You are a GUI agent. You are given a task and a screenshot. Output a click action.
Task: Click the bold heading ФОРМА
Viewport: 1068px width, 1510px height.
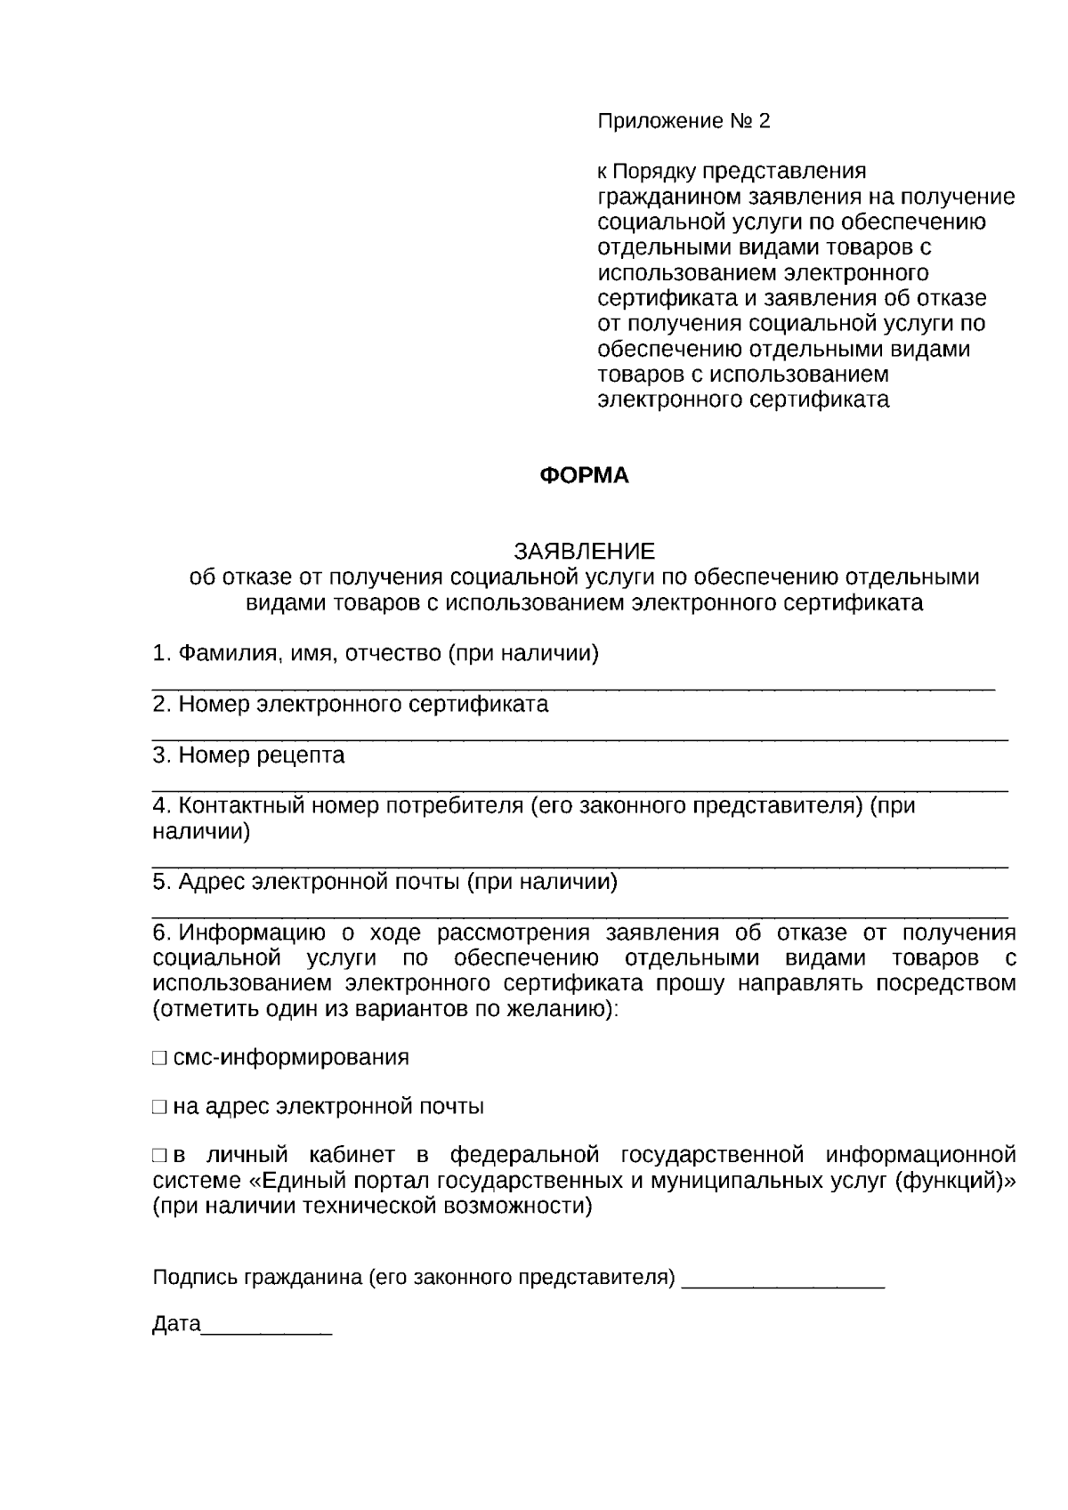[584, 476]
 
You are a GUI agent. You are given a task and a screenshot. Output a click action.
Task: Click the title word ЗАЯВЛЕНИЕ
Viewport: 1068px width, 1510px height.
[584, 551]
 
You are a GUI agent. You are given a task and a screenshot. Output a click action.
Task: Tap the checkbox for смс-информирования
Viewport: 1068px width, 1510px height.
[159, 1058]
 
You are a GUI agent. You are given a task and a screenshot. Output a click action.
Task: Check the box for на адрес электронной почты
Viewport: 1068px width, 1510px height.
[159, 1108]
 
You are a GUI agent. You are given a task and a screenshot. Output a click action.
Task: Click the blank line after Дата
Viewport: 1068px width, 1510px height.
[267, 1328]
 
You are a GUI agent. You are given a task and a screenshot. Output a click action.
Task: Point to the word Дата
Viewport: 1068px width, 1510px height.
[176, 1324]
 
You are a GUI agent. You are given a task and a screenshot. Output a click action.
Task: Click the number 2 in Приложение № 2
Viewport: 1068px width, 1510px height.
[764, 121]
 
